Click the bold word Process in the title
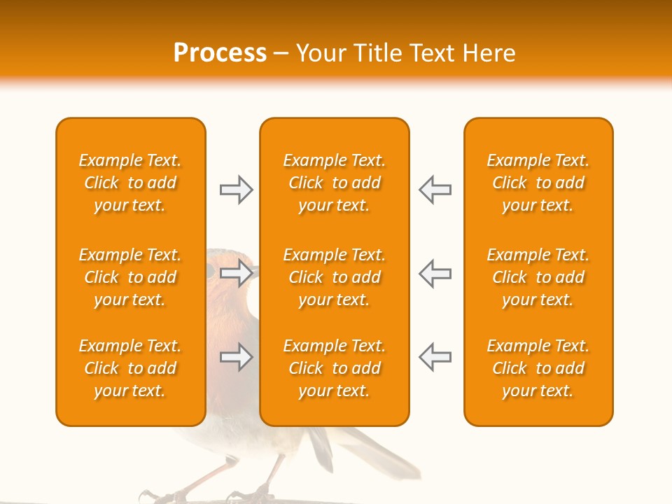click(220, 52)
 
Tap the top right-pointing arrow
click(236, 190)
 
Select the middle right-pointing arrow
click(236, 273)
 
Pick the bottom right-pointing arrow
click(236, 357)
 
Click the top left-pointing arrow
click(435, 190)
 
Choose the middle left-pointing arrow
click(435, 273)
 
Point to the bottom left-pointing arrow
click(435, 357)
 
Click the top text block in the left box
click(130, 183)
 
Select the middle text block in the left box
click(130, 277)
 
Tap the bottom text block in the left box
click(130, 368)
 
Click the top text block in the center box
click(334, 183)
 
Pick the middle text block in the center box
click(334, 277)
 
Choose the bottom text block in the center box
click(334, 368)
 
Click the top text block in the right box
click(538, 183)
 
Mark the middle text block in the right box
click(538, 277)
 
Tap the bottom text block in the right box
click(538, 368)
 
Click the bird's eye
click(210, 269)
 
